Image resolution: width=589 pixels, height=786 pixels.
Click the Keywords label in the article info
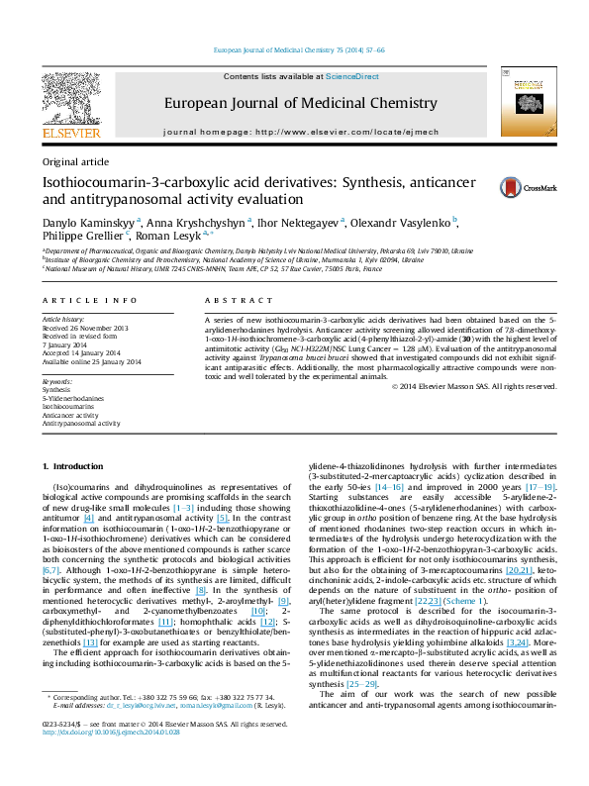tap(56, 380)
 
